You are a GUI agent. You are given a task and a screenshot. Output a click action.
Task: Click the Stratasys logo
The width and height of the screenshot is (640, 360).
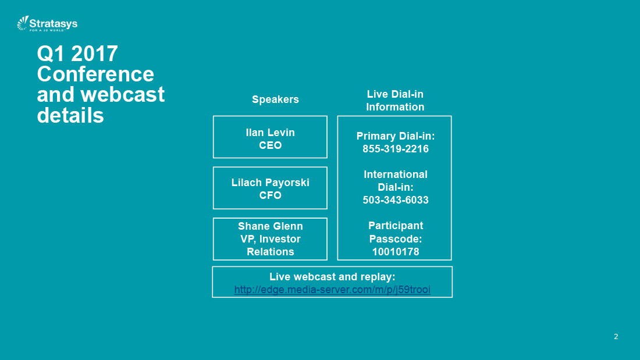pos(47,24)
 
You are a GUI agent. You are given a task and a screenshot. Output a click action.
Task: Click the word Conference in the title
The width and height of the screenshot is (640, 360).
pos(95,74)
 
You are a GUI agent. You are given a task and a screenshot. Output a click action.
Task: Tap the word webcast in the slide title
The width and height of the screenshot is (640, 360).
pos(122,95)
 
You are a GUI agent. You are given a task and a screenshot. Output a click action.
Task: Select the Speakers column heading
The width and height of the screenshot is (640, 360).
pos(275,99)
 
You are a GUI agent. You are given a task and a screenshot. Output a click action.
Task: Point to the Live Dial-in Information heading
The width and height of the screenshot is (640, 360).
pos(395,101)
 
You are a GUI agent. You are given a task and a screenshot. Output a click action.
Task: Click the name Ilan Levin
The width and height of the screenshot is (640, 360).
pos(270,132)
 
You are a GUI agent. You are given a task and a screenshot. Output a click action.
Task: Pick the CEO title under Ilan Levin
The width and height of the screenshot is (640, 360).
pos(270,145)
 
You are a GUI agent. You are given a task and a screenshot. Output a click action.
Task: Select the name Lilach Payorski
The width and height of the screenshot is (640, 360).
pos(270,183)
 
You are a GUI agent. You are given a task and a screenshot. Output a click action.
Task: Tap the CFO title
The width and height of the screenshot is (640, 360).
pos(270,195)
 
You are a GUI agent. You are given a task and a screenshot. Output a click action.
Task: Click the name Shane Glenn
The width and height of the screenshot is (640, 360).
pos(270,226)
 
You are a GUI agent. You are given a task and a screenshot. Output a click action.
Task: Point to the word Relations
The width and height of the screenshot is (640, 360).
pos(270,252)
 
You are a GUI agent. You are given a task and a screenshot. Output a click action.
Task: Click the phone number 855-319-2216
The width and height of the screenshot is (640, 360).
pos(396,149)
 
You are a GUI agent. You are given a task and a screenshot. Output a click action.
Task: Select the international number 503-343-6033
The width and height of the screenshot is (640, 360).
pos(396,200)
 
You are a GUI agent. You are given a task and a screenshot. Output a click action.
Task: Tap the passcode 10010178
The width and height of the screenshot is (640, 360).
pos(396,252)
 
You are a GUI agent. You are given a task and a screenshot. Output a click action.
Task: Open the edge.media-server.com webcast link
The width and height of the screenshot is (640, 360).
pos(332,290)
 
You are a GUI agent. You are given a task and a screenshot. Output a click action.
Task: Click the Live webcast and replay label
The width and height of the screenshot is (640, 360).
pos(332,277)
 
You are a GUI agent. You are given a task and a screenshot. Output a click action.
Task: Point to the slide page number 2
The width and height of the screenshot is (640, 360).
pos(616,337)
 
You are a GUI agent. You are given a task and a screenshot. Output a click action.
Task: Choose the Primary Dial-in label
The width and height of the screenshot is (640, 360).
pos(396,136)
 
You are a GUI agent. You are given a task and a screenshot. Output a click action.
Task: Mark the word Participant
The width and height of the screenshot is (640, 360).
pos(396,226)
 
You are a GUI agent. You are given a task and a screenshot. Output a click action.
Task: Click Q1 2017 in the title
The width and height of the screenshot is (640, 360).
pos(77,54)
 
